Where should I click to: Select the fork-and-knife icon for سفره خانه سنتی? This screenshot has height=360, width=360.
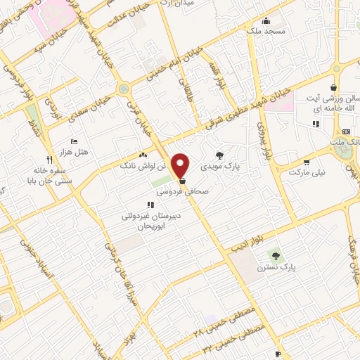(x=49, y=160)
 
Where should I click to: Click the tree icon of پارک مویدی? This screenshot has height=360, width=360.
(x=220, y=155)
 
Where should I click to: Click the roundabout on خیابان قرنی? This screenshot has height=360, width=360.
(x=124, y=89)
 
